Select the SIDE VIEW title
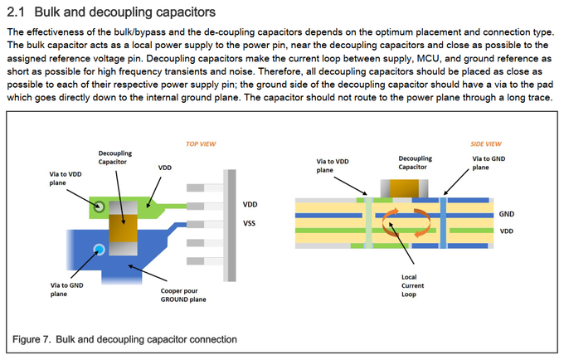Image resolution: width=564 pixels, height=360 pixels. point(486,143)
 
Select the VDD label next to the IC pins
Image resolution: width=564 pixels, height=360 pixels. point(250,203)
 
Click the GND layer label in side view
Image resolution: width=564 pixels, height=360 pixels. point(507,213)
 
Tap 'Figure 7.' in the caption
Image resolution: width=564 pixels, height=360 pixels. point(36,338)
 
